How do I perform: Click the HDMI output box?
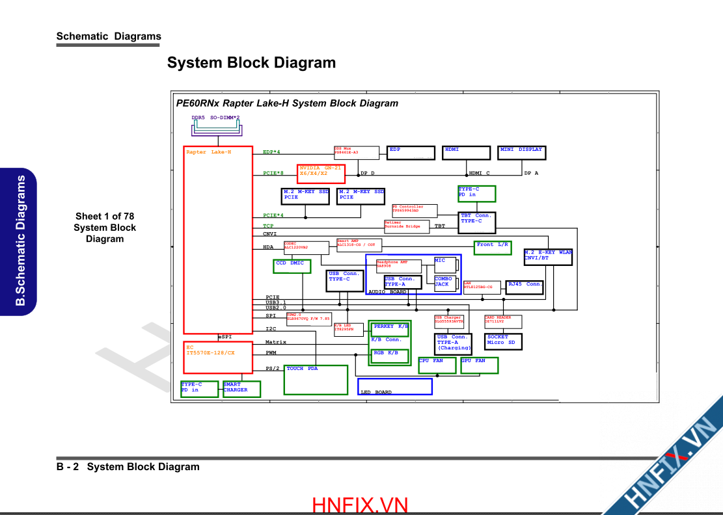pyautogui.click(x=467, y=153)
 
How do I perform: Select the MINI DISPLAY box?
pyautogui.click(x=521, y=153)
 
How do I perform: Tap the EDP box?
pyautogui.click(x=411, y=153)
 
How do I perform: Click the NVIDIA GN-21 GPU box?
pyautogui.click(x=321, y=174)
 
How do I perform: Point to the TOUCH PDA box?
pyautogui.click(x=316, y=380)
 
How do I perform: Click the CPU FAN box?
pyautogui.click(x=437, y=365)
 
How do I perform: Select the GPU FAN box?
pyautogui.click(x=479, y=365)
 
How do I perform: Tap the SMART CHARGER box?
pyautogui.click(x=241, y=389)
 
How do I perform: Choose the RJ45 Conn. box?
pyautogui.click(x=524, y=287)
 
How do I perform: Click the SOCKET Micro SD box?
pyautogui.click(x=504, y=341)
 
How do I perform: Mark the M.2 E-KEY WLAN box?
pyautogui.click(x=548, y=257)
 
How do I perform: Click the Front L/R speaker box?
pyautogui.click(x=493, y=248)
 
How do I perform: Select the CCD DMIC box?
pyautogui.click(x=292, y=266)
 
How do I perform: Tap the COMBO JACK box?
pyautogui.click(x=445, y=282)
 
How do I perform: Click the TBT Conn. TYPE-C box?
pyautogui.click(x=476, y=222)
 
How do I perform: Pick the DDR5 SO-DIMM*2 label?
pyautogui.click(x=215, y=118)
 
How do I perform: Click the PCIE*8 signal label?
pyautogui.click(x=273, y=174)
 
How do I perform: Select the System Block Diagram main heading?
pyautogui.click(x=251, y=63)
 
